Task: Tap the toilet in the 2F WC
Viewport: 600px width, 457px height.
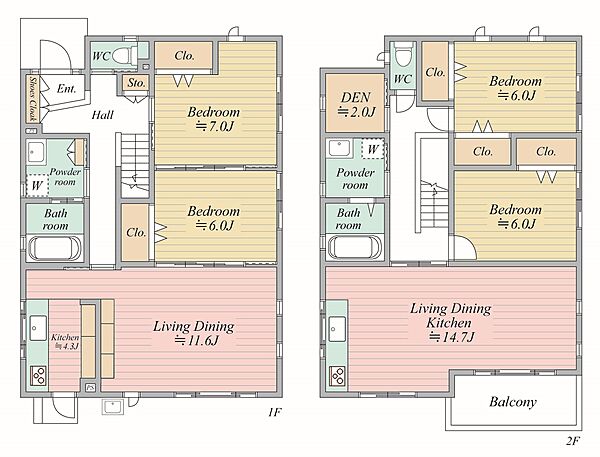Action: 404,55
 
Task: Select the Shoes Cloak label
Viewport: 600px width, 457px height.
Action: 33,99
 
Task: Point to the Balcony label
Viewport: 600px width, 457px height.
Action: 513,402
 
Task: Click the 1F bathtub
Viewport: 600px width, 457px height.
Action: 54,248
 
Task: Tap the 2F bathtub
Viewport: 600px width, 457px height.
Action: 354,248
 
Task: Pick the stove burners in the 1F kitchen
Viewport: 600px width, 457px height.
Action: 39,375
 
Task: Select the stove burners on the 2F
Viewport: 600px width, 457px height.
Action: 338,375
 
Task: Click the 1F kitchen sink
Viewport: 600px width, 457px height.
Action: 38,328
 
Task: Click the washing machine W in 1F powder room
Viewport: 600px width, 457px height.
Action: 37,186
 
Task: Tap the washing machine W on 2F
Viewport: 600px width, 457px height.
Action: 373,149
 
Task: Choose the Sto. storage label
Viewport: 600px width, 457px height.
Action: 137,83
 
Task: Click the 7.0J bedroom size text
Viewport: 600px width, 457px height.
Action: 214,126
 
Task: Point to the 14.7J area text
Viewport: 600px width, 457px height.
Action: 452,337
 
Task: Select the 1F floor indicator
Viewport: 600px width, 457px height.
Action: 275,412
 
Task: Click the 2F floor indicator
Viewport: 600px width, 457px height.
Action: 572,441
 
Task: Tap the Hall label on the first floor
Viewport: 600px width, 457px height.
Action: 103,115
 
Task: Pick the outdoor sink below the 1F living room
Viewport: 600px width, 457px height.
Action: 112,407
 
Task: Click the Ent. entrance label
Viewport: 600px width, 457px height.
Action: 66,89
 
